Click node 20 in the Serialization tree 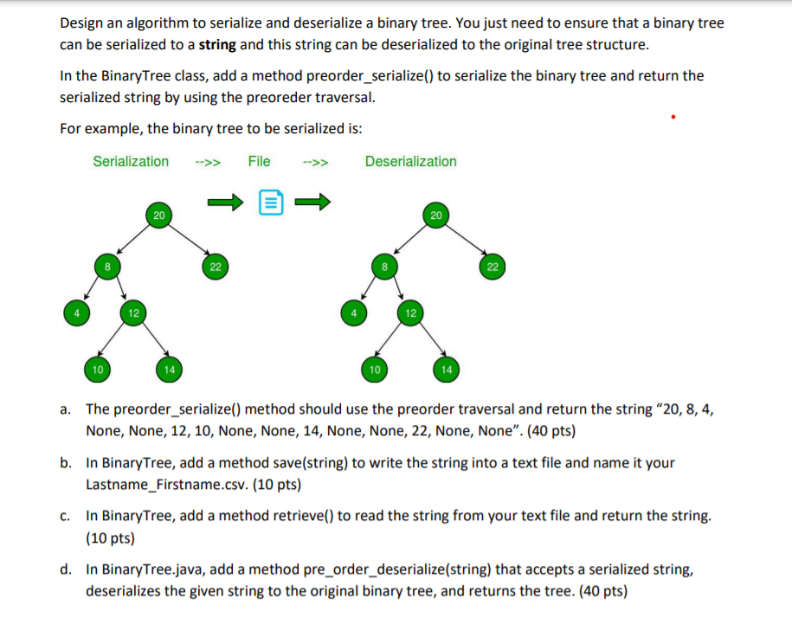(157, 215)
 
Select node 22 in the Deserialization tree (492, 267)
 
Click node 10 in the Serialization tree (98, 370)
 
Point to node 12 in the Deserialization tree (411, 310)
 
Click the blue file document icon (270, 203)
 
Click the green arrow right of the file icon (314, 203)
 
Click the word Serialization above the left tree (131, 161)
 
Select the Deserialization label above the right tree (410, 161)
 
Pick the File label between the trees (259, 161)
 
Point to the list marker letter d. (66, 569)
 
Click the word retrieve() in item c (307, 516)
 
